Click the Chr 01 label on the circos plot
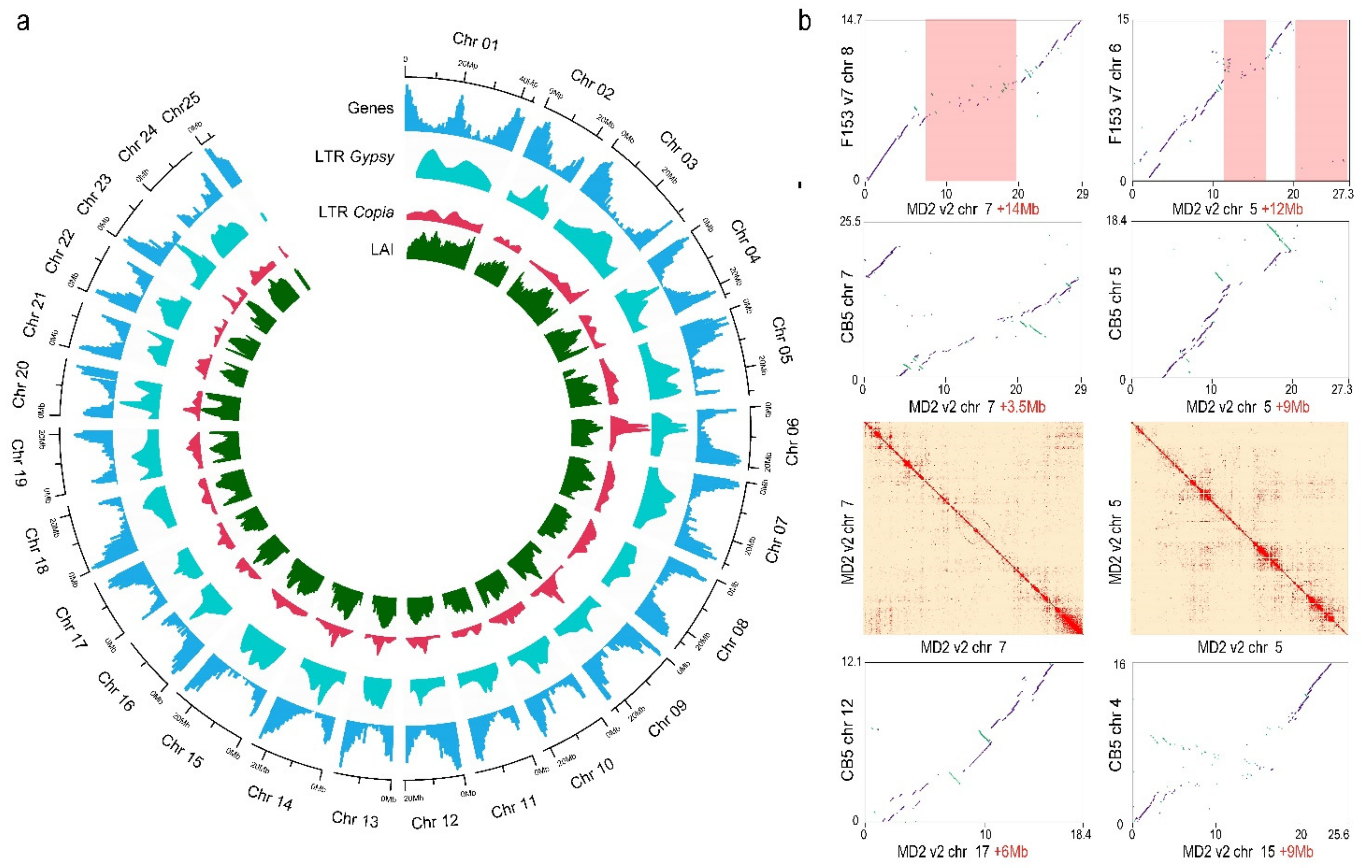475,41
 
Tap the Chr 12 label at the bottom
434,822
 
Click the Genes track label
370,108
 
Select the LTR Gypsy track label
355,157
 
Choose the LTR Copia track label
356,212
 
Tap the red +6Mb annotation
1009,852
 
